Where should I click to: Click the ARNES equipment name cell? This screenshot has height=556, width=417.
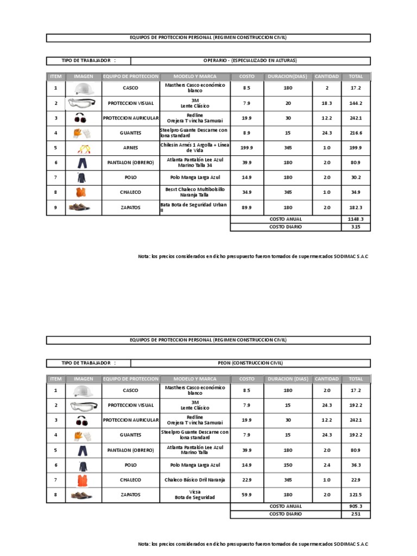[130, 148]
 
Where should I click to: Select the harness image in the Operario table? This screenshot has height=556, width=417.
[83, 148]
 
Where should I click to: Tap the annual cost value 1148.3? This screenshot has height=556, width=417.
[356, 219]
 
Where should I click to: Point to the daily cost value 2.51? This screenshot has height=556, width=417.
[356, 514]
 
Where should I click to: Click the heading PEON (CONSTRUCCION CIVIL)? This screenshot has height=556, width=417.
[250, 363]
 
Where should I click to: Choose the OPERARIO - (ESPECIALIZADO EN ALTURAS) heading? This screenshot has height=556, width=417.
[250, 61]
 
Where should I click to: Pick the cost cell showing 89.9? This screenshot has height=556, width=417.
[247, 207]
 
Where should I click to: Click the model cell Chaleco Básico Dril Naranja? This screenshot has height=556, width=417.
[194, 480]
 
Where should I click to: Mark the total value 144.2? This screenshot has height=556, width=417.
[356, 103]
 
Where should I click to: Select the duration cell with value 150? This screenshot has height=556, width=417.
[288, 465]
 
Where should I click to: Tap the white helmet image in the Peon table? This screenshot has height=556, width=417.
[83, 390]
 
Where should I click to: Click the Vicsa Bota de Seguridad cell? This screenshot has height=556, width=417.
[194, 495]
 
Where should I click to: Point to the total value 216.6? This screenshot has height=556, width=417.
[356, 133]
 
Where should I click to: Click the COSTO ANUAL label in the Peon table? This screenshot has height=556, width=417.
[286, 506]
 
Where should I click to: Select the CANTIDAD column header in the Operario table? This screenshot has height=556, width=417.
[327, 77]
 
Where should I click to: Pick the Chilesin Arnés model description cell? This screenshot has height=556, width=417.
[194, 148]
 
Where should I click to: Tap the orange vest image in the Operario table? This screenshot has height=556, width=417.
[81, 192]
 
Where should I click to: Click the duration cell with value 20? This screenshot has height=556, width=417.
[288, 103]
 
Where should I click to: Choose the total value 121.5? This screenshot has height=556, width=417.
[356, 495]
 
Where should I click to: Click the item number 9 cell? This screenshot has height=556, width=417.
[55, 207]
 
